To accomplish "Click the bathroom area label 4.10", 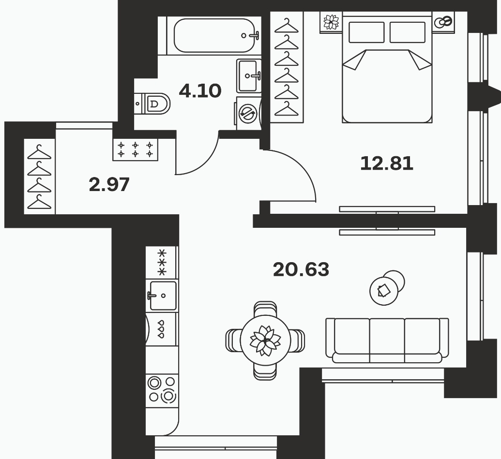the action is click(200, 90).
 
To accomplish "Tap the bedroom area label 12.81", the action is click(387, 163).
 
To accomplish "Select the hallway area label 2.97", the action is click(109, 184).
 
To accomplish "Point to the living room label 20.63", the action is click(301, 269).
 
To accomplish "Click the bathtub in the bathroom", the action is click(214, 35).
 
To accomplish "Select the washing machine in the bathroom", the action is click(249, 113).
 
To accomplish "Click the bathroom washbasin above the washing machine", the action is click(249, 75).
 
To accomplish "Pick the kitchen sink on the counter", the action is click(162, 296).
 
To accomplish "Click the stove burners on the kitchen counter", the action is click(162, 390).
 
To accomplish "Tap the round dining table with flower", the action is click(265, 341).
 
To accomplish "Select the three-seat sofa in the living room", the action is click(387, 341).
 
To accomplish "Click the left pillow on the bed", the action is click(366, 32).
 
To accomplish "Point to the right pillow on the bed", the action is click(408, 32).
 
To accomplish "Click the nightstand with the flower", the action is click(331, 22).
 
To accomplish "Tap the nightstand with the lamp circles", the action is click(443, 22).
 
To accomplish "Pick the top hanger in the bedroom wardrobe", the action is click(286, 26).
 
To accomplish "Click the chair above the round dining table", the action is click(265, 309).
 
